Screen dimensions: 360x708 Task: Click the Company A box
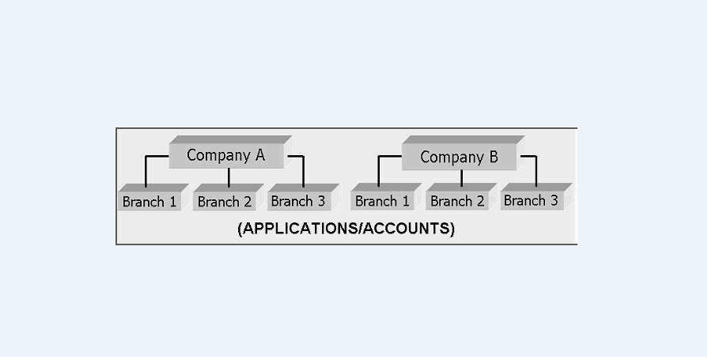[226, 155]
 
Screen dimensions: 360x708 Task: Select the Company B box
[459, 157]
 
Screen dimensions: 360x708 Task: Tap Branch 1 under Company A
[150, 202]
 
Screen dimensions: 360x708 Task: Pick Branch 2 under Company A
[225, 202]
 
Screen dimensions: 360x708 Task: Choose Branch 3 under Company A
[298, 201]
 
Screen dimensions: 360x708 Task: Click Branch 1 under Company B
[382, 201]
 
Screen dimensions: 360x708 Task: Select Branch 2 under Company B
[457, 201]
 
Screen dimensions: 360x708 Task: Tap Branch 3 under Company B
[531, 200]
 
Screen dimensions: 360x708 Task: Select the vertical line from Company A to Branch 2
[229, 177]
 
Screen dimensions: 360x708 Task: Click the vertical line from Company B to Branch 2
[462, 178]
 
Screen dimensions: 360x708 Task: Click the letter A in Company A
[259, 155]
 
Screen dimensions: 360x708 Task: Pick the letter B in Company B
[493, 157]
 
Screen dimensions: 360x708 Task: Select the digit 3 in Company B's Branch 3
[554, 200]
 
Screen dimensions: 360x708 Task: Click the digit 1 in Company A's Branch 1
[172, 202]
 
